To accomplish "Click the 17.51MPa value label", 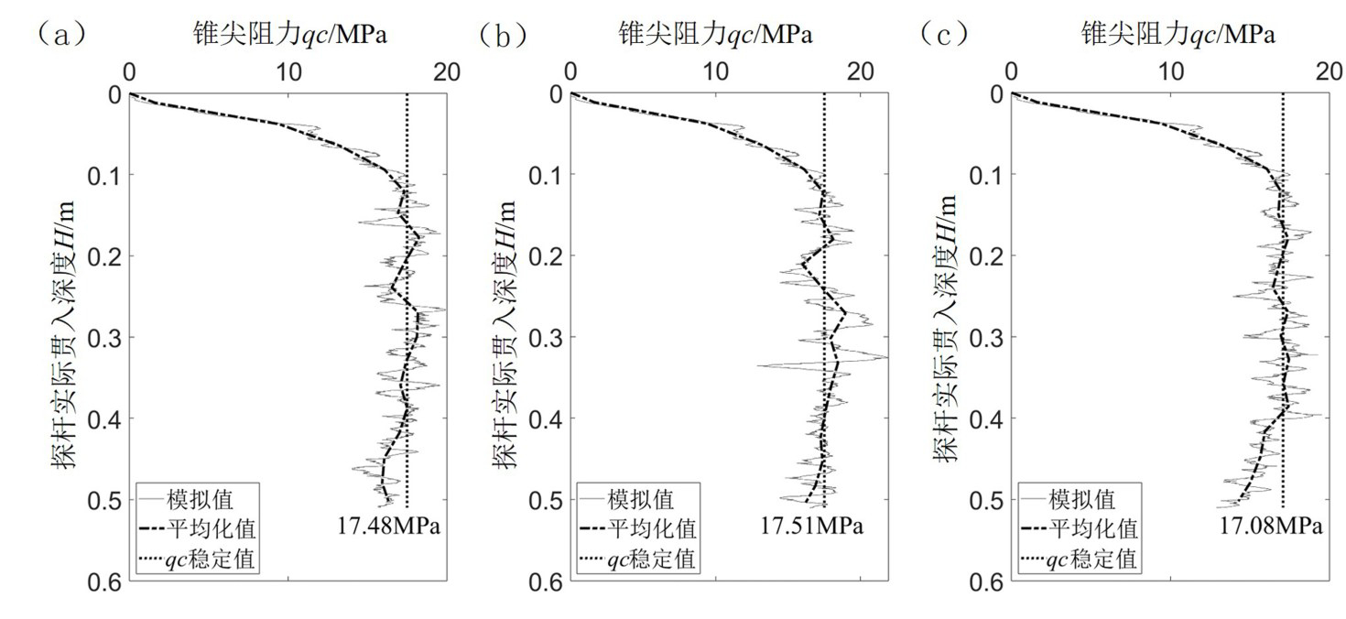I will tap(811, 527).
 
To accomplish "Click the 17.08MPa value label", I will tap(1271, 527).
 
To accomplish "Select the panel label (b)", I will tap(503, 35).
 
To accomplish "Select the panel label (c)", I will tap(945, 35).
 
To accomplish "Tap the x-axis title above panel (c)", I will tap(1178, 36).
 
